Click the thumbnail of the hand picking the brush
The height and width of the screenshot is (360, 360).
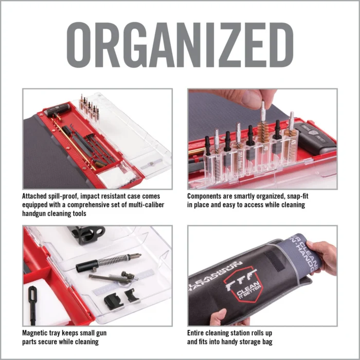point(262,139)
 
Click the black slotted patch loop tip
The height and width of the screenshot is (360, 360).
point(32,299)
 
